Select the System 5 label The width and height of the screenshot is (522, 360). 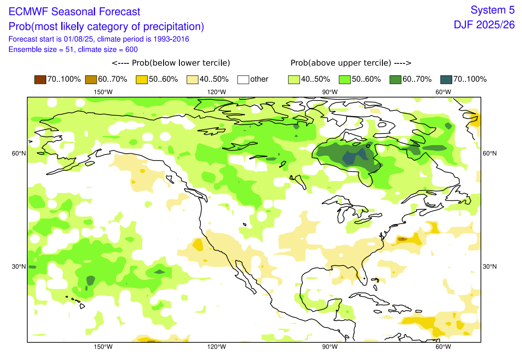(x=492, y=10)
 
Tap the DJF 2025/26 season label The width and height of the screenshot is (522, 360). (x=484, y=25)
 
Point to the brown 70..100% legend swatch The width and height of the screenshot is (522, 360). (x=40, y=79)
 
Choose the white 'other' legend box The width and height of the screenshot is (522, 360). (x=243, y=79)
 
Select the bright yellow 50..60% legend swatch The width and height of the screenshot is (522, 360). (x=141, y=79)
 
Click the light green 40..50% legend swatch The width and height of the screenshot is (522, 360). (x=293, y=79)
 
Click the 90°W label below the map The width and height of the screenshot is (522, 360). (x=330, y=347)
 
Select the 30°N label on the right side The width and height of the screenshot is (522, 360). (x=490, y=267)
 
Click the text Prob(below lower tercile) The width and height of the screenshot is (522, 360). (x=171, y=63)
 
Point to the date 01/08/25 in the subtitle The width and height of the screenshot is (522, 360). (x=77, y=39)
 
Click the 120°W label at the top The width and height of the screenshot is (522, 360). (x=217, y=92)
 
